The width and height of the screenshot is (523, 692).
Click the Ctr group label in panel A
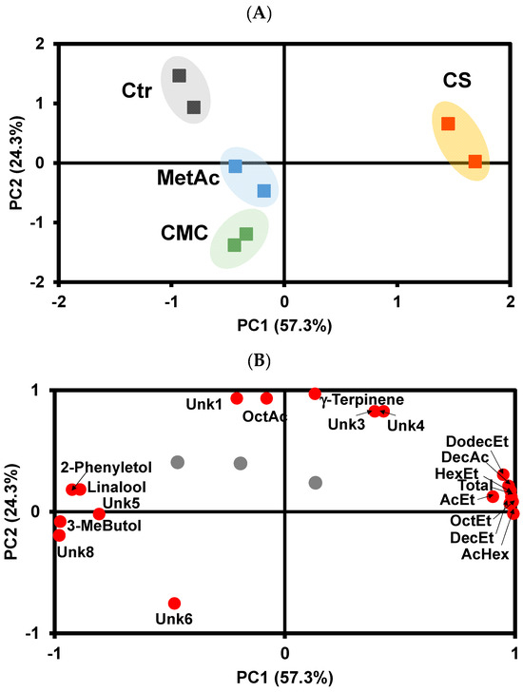139,94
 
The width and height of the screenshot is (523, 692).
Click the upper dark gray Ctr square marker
179,76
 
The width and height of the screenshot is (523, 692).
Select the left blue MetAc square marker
235,166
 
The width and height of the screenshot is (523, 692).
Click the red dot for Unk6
174,604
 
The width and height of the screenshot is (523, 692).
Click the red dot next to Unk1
237,398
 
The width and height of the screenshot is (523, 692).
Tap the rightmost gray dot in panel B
316,483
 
